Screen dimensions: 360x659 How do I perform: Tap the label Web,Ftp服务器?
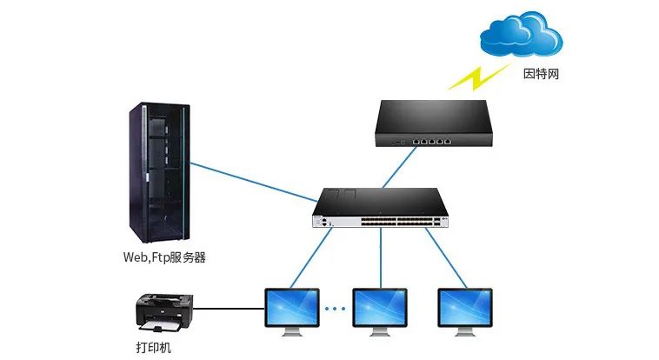click(164, 258)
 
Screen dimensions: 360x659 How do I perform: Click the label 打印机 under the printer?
click(154, 348)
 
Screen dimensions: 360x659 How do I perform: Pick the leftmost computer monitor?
click(292, 310)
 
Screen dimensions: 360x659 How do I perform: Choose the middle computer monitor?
click(380, 310)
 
